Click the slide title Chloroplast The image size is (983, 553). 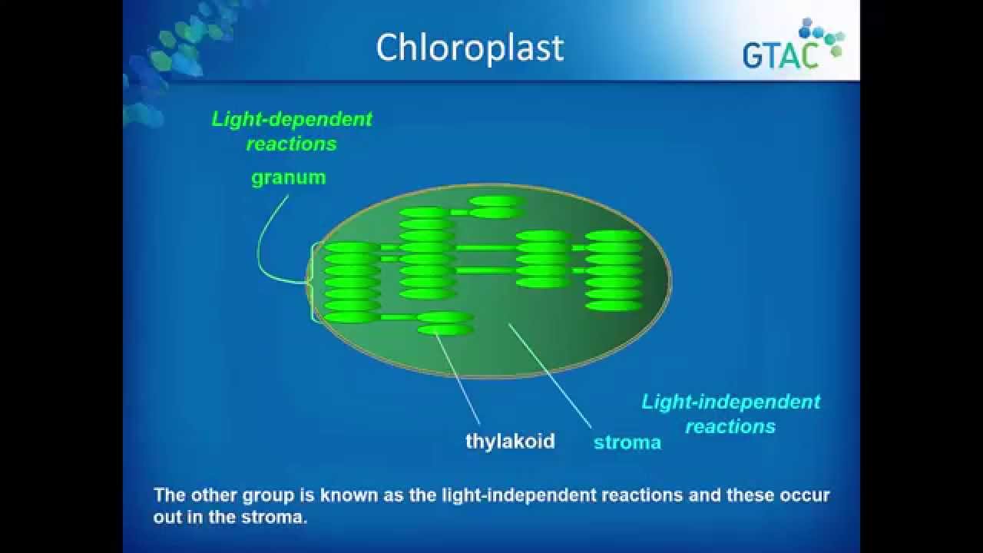[469, 48]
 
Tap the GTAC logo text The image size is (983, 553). [780, 55]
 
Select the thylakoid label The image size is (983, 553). [511, 442]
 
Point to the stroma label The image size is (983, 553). [627, 442]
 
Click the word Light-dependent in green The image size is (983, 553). [292, 119]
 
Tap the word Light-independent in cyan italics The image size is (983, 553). [730, 402]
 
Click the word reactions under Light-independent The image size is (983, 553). [730, 426]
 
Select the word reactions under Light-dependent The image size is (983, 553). [292, 144]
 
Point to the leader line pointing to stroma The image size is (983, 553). [550, 376]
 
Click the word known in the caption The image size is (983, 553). [349, 495]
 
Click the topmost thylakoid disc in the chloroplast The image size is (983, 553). [497, 201]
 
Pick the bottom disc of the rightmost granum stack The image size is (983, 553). [614, 306]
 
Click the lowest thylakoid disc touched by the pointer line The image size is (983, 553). [445, 329]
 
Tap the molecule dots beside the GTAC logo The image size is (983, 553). [822, 38]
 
